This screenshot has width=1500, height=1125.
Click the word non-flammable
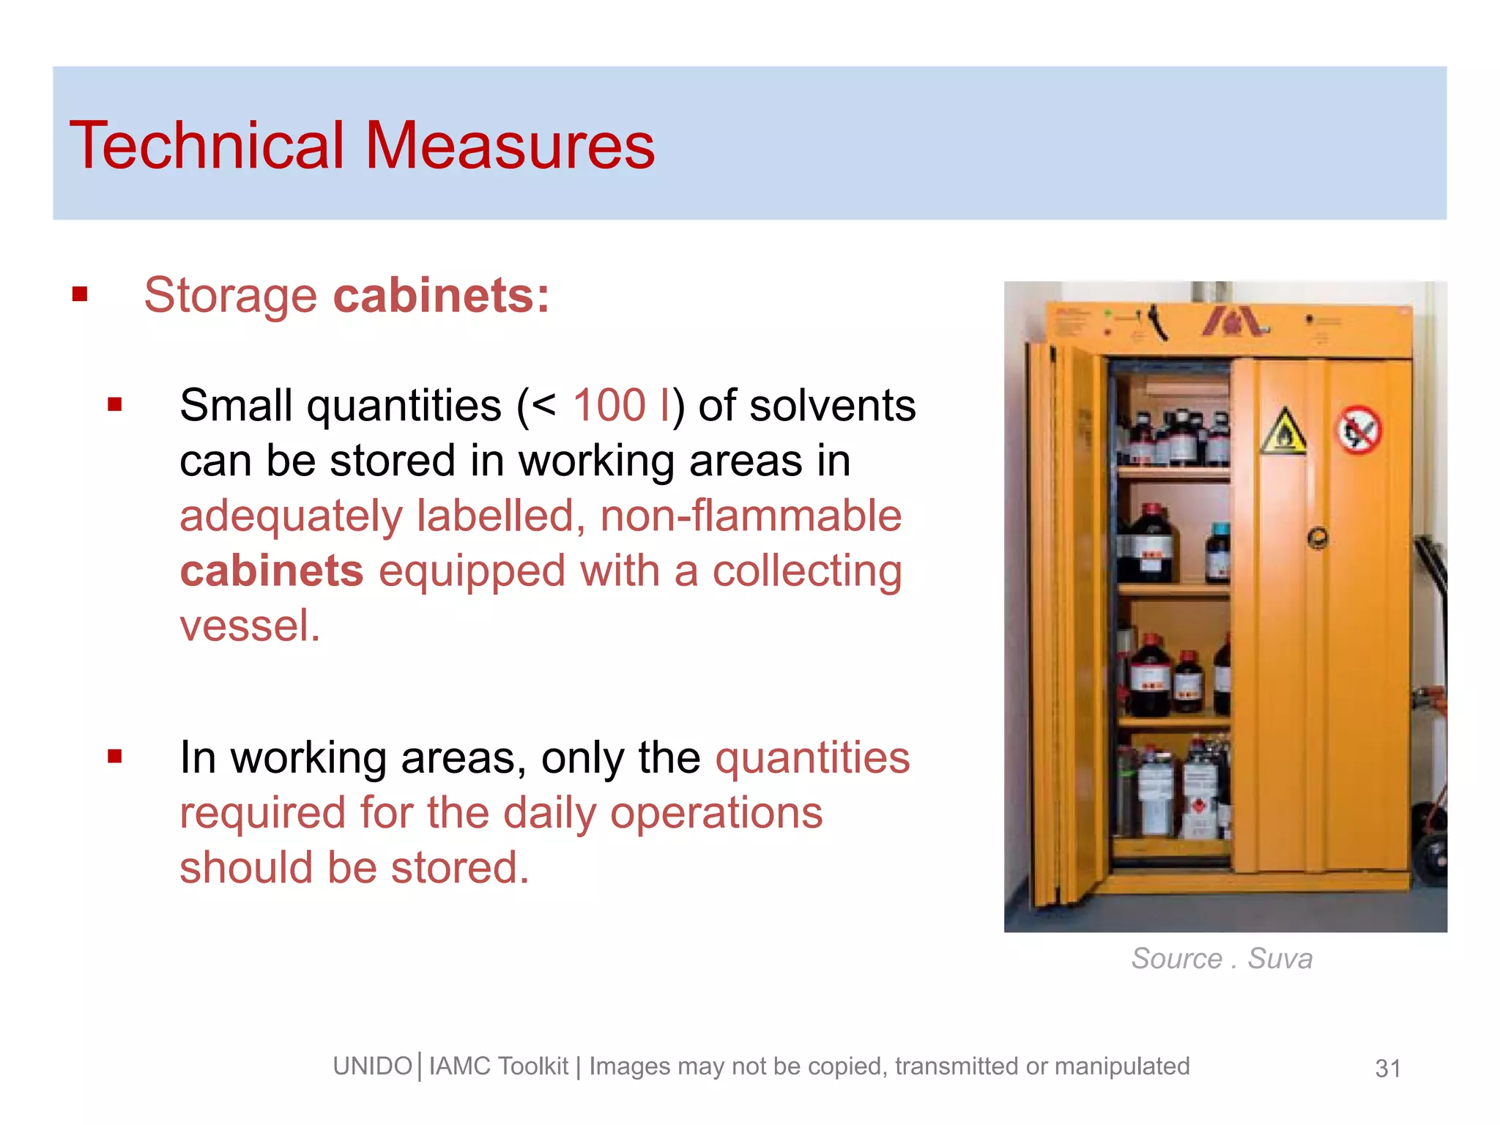point(751,516)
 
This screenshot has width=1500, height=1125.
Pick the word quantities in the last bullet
point(812,757)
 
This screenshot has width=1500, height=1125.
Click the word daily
point(552,813)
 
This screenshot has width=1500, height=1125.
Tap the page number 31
point(1388,1069)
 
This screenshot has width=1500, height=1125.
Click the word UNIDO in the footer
point(372,1066)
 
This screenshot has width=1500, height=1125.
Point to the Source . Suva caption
point(1222,959)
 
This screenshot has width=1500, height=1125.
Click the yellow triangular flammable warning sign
point(1283,433)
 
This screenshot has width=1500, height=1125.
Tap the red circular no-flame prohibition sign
point(1359,431)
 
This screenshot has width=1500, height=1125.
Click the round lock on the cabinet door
point(1318,538)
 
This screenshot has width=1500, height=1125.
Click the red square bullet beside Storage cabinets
point(80,295)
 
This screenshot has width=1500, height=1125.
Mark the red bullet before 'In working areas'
point(114,757)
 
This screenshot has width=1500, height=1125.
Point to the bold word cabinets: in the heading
point(442,296)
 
